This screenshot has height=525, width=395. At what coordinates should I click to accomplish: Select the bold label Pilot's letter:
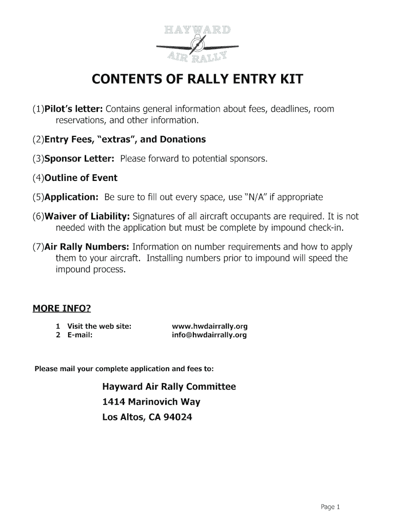(74, 109)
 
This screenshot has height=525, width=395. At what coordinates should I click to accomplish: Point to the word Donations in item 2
(183, 139)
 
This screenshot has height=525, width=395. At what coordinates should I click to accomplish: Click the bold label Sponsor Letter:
(79, 159)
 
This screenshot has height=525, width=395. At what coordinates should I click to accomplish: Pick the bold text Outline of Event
(81, 178)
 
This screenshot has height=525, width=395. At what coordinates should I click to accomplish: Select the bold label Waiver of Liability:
(87, 217)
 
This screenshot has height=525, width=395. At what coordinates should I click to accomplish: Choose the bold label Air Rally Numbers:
(86, 247)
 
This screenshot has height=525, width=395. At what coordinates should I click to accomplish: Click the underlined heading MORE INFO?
(62, 308)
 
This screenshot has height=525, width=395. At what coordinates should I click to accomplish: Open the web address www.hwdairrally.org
(210, 326)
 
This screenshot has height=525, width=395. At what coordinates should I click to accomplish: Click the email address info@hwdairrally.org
(209, 335)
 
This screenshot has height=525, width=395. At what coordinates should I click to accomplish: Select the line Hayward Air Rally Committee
(169, 387)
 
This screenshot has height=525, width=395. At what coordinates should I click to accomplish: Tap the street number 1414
(113, 402)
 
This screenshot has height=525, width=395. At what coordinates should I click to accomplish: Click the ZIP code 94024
(177, 417)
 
